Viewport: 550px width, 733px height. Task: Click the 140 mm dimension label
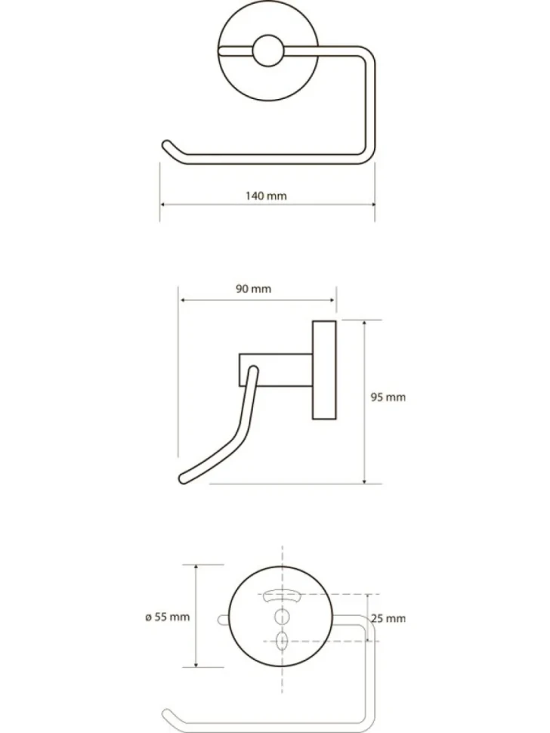266,196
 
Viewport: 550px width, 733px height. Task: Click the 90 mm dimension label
253,289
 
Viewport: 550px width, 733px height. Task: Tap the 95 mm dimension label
388,397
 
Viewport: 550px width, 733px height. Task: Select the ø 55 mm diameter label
167,617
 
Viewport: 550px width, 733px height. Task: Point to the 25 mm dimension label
388,618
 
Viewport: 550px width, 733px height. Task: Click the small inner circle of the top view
267,51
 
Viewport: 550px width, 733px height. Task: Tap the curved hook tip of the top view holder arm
167,145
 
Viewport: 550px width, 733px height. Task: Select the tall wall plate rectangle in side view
324,370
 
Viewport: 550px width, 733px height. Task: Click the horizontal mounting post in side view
276,370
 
